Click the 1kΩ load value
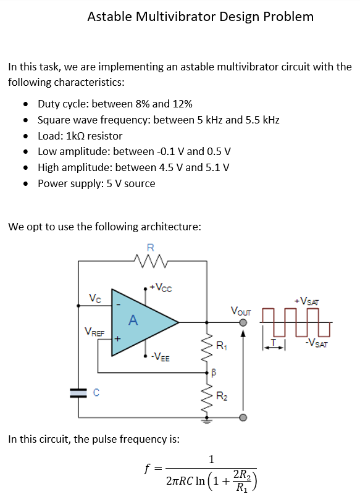75,136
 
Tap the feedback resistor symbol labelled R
151,261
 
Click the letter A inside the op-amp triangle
133,320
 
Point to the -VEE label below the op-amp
161,356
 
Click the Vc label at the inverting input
95,298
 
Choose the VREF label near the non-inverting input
94,332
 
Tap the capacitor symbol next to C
78,393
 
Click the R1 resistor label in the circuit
222,346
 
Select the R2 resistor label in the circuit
222,396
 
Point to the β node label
214,372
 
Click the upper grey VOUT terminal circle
243,322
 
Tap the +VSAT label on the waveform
307,301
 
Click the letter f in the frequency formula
147,469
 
